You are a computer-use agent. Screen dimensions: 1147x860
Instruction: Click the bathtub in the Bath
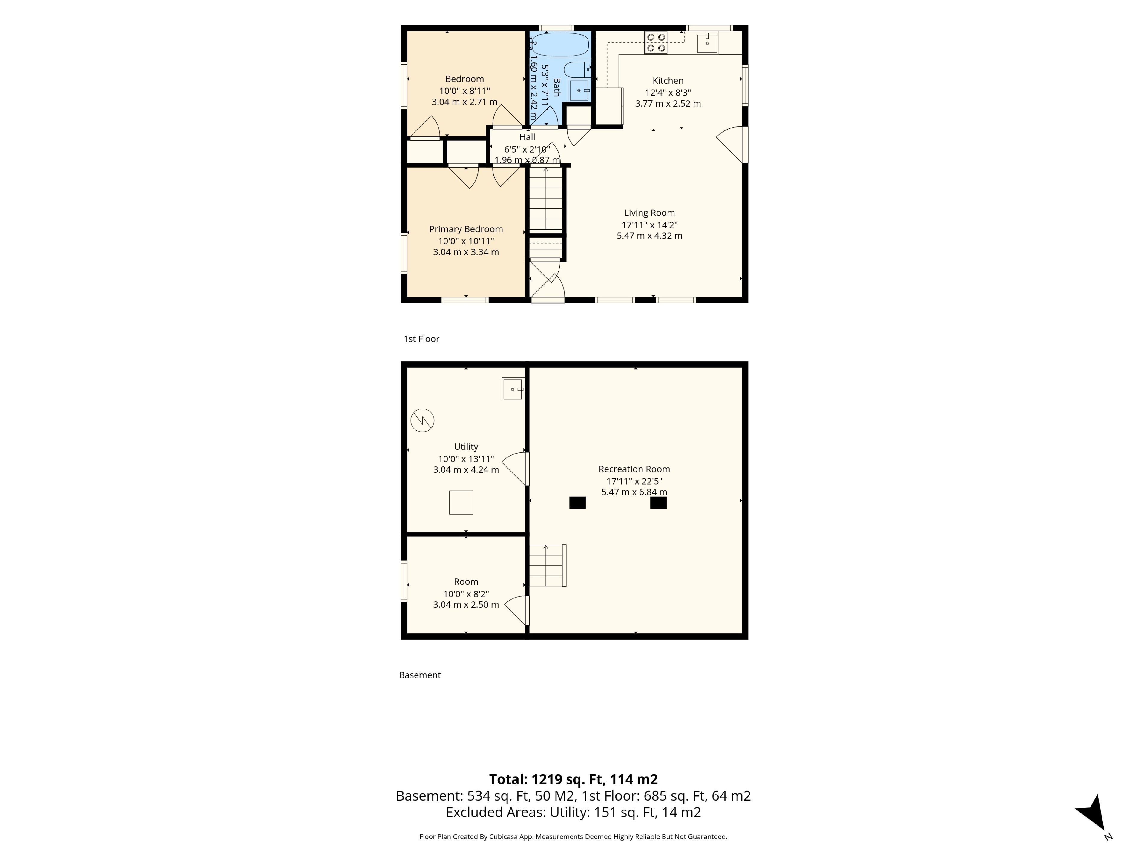[x=560, y=44]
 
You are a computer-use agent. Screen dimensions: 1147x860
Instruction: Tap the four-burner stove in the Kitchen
[x=656, y=42]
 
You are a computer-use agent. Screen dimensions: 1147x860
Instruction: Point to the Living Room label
[x=649, y=213]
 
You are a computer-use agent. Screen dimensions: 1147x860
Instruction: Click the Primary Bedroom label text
[x=466, y=229]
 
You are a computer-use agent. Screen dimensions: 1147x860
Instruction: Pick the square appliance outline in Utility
[x=461, y=502]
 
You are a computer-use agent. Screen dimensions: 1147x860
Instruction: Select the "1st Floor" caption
[x=421, y=339]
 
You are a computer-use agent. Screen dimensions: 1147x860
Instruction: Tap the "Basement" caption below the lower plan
[x=419, y=675]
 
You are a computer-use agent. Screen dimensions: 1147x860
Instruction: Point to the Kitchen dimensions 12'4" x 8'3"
[x=668, y=92]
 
